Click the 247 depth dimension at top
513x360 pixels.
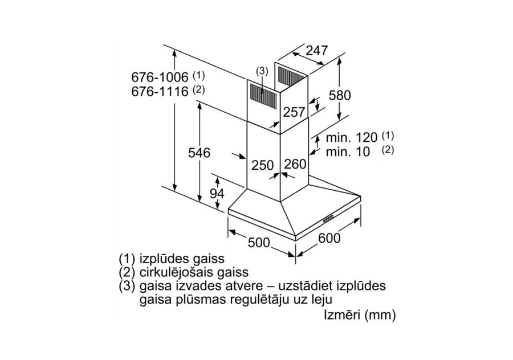[316, 51]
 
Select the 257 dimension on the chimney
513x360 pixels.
[294, 112]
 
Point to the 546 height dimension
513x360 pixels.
[199, 153]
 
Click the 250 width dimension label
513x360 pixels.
[263, 165]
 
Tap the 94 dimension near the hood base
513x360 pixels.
[217, 194]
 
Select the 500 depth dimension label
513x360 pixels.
[259, 243]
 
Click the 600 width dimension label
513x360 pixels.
[329, 238]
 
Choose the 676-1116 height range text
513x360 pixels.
[160, 91]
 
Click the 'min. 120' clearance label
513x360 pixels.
[352, 138]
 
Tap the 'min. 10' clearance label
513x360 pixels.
[348, 152]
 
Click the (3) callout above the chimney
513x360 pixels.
[261, 71]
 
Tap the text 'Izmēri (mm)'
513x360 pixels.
[360, 314]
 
